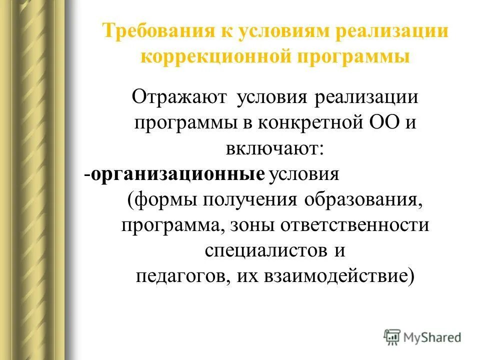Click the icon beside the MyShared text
coord(393,337)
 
